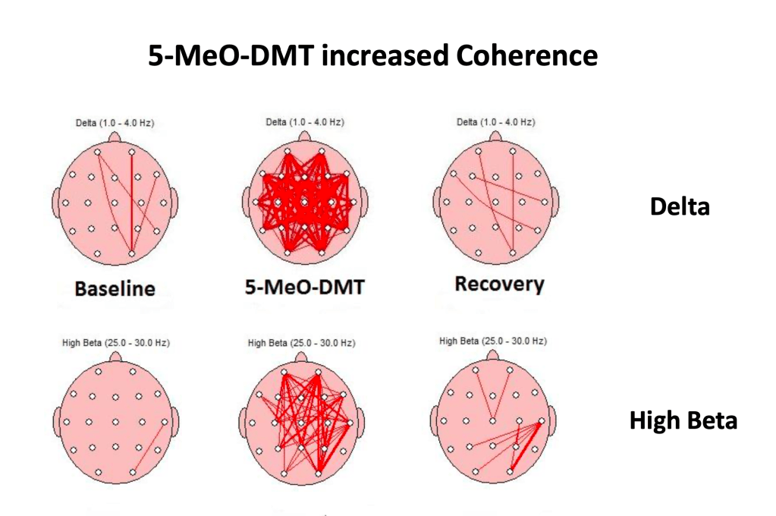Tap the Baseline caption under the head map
coord(115,288)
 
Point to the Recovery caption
coord(499,285)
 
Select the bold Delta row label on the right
coord(680,206)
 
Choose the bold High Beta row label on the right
coord(683,420)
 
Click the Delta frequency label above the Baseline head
coord(115,123)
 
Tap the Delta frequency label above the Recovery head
coord(495,123)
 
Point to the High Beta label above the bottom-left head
coord(115,343)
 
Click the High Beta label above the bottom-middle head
coord(301,343)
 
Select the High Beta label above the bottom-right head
coord(493,341)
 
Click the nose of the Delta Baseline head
coord(115,137)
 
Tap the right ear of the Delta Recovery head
coord(555,203)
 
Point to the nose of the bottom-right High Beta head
coord(494,356)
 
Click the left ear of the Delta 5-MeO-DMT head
coord(244,203)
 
